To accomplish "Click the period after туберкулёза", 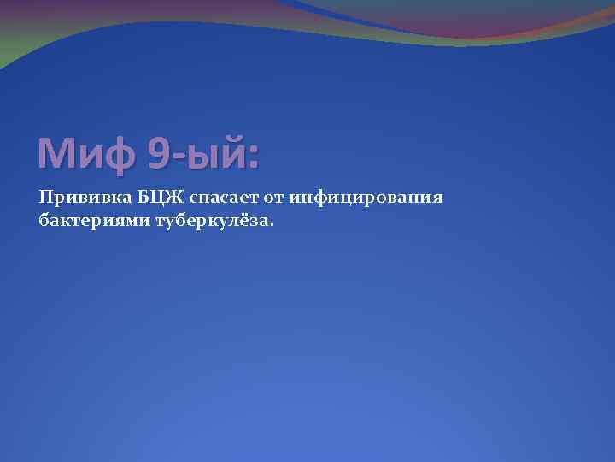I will click(x=272, y=225).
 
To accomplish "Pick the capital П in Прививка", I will click(x=45, y=198).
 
